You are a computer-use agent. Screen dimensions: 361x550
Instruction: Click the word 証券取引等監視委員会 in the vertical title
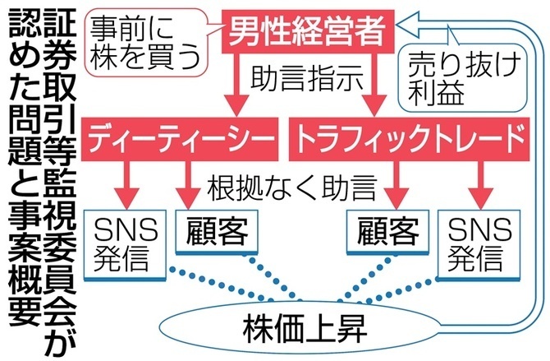coord(58,164)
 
